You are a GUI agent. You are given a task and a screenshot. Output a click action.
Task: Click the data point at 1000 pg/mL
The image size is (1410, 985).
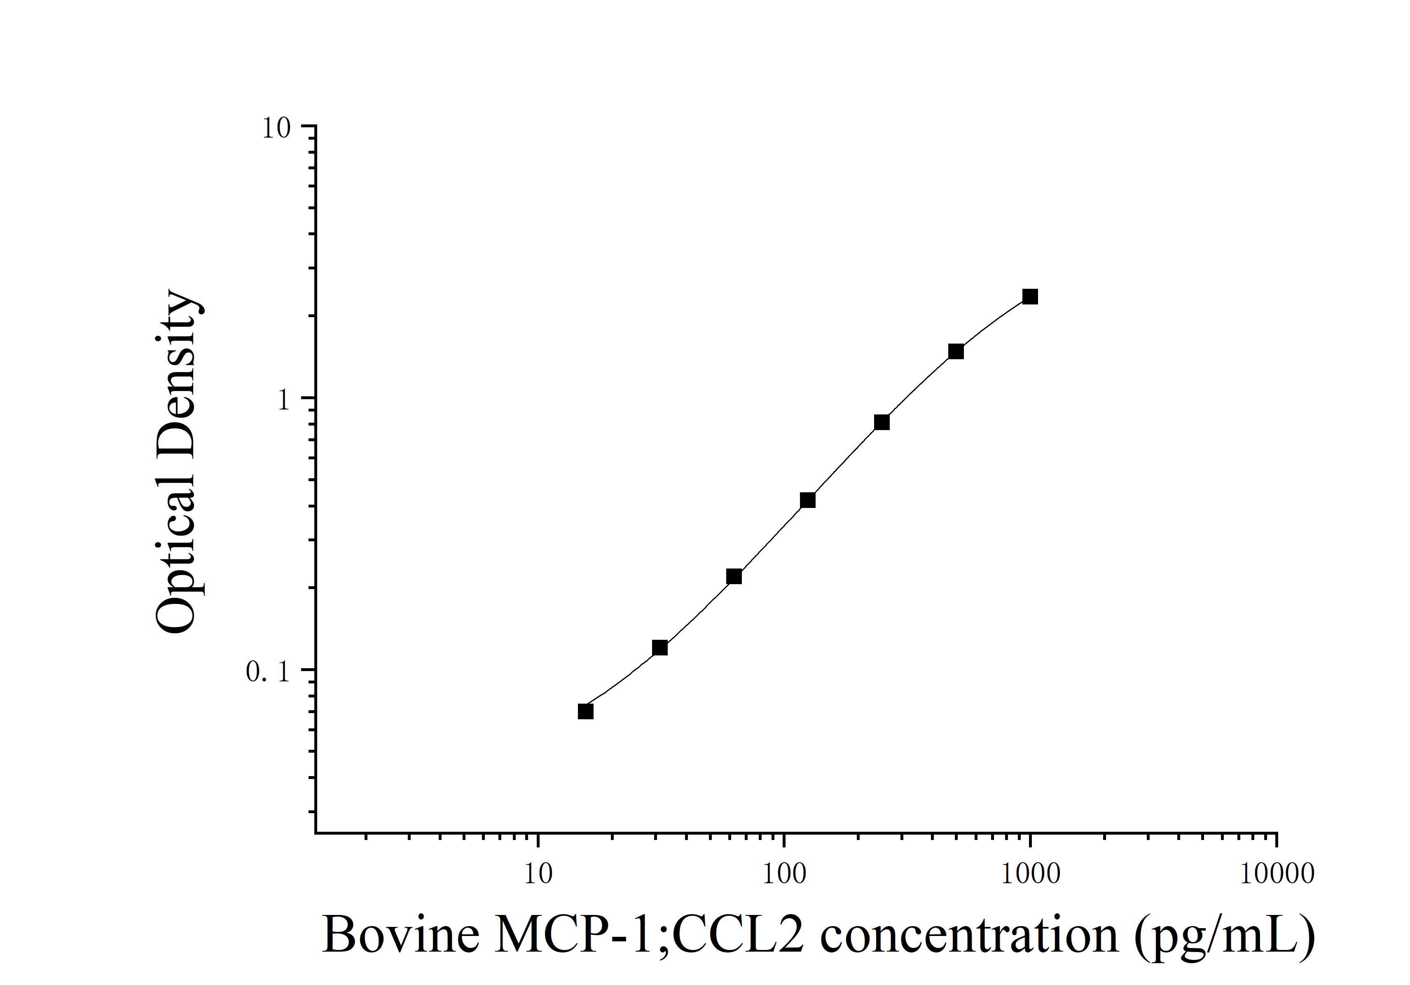pyautogui.click(x=1030, y=297)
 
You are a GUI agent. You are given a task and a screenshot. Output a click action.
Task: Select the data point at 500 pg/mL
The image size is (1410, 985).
pyautogui.click(x=956, y=352)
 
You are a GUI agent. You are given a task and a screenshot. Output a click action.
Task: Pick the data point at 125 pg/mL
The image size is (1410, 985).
pyautogui.click(x=807, y=501)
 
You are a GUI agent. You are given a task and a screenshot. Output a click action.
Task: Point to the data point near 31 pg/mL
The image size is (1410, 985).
pyautogui.click(x=659, y=648)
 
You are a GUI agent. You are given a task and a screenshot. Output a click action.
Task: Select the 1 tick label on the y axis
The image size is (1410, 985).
pyautogui.click(x=283, y=401)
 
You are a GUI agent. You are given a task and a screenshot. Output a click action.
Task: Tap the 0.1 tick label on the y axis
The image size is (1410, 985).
pyautogui.click(x=268, y=672)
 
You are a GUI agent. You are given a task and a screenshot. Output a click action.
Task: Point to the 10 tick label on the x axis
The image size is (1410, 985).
pyautogui.click(x=538, y=874)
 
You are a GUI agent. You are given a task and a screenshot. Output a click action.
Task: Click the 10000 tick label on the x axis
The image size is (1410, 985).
pyautogui.click(x=1277, y=874)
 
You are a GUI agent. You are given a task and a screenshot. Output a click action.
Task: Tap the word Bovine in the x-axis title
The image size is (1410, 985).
pyautogui.click(x=400, y=935)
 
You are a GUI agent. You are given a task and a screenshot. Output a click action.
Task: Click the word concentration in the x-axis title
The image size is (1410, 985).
pyautogui.click(x=969, y=935)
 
